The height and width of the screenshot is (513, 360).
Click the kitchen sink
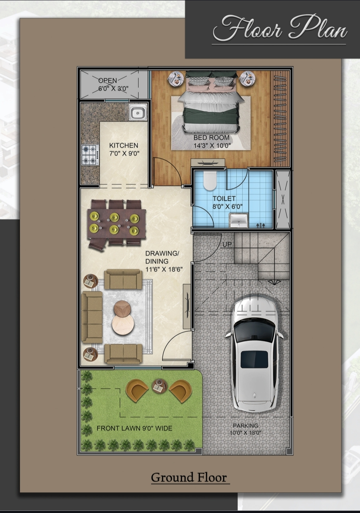pyautogui.click(x=138, y=112)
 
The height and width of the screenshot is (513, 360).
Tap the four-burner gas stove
pyautogui.click(x=90, y=155)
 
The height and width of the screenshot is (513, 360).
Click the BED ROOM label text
pyautogui.click(x=211, y=138)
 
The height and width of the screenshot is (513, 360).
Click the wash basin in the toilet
pyautogui.click(x=238, y=220)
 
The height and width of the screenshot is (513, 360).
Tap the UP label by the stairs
pyautogui.click(x=227, y=244)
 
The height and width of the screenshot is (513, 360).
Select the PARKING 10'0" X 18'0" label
pyautogui.click(x=245, y=429)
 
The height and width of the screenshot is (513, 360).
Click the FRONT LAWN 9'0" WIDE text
pyautogui.click(x=134, y=428)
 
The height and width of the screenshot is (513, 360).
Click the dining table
pyautogui.click(x=116, y=223)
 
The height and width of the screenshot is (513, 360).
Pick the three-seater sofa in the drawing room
pyautogui.click(x=92, y=317)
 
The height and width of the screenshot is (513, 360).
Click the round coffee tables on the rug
pyautogui.click(x=123, y=318)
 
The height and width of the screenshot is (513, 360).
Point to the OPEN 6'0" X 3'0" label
pyautogui.click(x=113, y=84)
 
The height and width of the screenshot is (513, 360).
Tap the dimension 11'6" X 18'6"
pyautogui.click(x=164, y=269)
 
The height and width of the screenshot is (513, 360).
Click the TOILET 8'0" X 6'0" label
pyautogui.click(x=227, y=202)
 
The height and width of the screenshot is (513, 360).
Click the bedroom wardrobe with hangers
pyautogui.click(x=280, y=119)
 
